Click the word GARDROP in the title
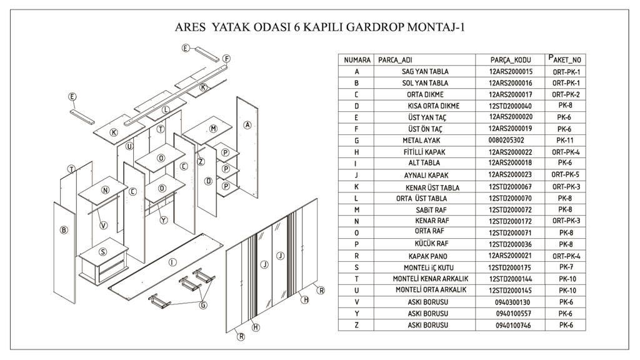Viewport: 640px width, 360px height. click(x=372, y=27)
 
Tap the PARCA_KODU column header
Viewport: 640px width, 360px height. click(x=510, y=60)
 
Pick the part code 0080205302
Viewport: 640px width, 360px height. click(x=506, y=141)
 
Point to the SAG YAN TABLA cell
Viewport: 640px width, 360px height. click(x=424, y=72)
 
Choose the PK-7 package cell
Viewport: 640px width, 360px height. click(x=566, y=267)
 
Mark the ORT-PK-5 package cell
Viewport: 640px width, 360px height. click(x=566, y=175)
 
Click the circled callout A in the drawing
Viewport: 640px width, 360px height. click(x=247, y=126)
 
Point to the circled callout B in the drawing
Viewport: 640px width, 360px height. click(x=63, y=230)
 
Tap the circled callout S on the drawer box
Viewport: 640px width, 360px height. click(x=102, y=251)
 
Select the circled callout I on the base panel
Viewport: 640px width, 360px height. click(x=172, y=262)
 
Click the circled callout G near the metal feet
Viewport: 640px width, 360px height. click(x=202, y=305)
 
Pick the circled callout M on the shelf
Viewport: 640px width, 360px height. click(x=213, y=128)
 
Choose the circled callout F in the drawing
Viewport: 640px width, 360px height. click(x=227, y=59)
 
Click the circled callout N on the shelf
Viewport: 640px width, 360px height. click(x=105, y=190)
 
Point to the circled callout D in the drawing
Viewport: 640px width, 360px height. click(x=208, y=181)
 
